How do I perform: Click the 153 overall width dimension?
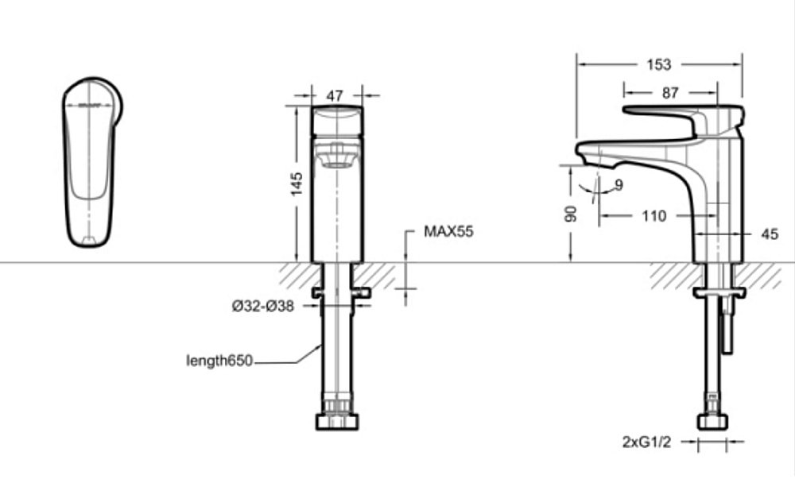(x=659, y=64)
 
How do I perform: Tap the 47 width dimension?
(x=335, y=95)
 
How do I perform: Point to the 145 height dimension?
(x=297, y=183)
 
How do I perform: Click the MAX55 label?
(x=448, y=232)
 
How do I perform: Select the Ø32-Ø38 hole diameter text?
(x=263, y=307)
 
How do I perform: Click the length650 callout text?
(x=219, y=361)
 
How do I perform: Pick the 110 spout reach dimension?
(x=653, y=216)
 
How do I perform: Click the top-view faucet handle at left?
(x=92, y=162)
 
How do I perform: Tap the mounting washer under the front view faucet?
(x=343, y=294)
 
